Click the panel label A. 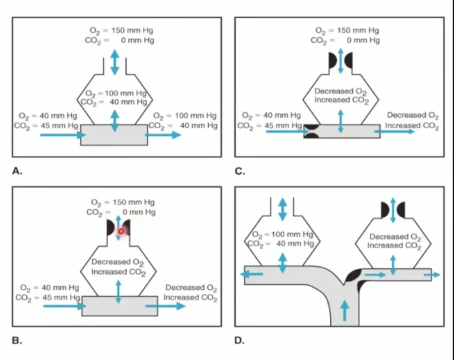tap(17, 170)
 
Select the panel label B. tap(17, 341)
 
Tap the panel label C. tap(240, 170)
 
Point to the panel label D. tap(240, 341)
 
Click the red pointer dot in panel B tap(121, 231)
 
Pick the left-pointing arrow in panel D tap(252, 274)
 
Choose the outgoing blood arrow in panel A tap(164, 135)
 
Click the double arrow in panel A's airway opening tap(115, 62)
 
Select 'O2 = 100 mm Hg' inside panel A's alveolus tap(116, 93)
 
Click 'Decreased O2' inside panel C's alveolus tap(340, 91)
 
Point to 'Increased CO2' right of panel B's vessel tap(190, 297)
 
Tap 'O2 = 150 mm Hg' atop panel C tap(347, 30)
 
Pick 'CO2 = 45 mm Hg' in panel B tap(47, 297)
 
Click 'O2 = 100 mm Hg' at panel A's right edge tap(185, 116)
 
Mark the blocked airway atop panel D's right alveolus tap(393, 209)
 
